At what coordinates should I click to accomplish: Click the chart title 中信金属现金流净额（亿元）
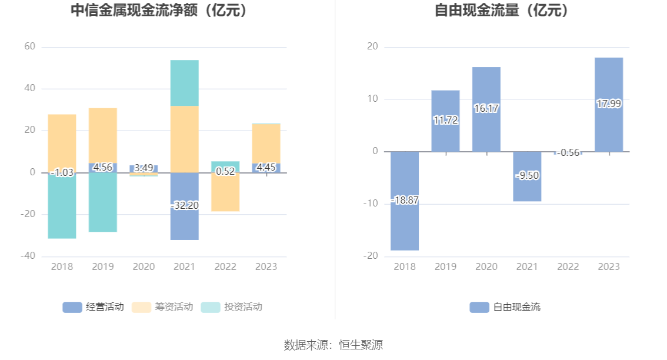[x=159, y=11]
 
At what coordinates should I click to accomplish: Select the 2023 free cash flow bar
[x=609, y=82]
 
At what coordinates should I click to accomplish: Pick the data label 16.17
[x=486, y=109]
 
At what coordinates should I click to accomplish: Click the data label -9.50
[x=527, y=176]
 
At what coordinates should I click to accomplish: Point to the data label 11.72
[x=445, y=120]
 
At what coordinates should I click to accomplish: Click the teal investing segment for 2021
[x=184, y=82]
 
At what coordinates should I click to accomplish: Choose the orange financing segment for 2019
[x=103, y=135]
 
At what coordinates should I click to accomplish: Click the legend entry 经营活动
[x=94, y=307]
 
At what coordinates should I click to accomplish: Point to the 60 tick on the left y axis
[x=29, y=46]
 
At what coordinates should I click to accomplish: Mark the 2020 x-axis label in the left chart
[x=144, y=266]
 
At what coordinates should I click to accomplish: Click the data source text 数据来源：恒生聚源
[x=333, y=345]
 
